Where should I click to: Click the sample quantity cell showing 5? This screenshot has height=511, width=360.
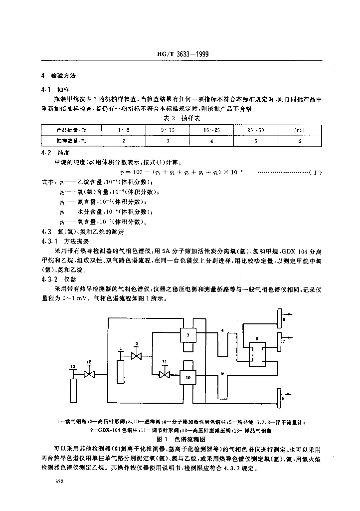[255, 141]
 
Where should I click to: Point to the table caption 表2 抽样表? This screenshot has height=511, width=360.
[181, 119]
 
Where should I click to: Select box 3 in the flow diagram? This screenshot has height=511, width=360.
[188, 335]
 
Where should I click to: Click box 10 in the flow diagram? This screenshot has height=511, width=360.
[188, 377]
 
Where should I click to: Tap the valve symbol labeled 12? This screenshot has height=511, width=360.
[89, 374]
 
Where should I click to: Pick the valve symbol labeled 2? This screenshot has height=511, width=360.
[135, 355]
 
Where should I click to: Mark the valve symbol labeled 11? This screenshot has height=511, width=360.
[163, 374]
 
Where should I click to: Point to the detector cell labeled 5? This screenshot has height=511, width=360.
[257, 355]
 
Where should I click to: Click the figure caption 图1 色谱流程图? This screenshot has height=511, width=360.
[181, 440]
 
